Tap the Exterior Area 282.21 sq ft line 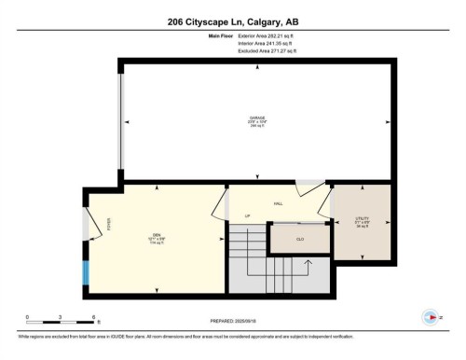coord(253,36)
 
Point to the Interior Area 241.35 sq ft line coord(252,43)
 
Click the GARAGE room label coord(256,118)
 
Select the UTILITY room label coord(363,221)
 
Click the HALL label coord(278,203)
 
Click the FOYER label coord(109,225)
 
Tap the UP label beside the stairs coord(248,216)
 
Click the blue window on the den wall coord(86,273)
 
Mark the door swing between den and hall coord(221,204)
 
